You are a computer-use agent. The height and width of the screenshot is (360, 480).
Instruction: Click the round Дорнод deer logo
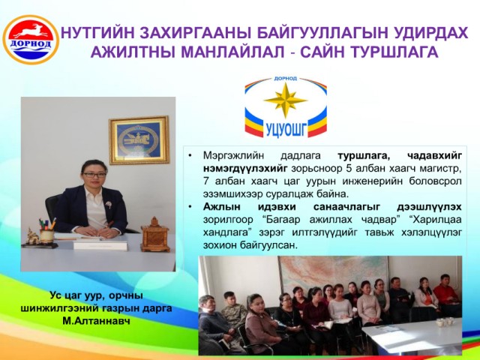(31, 40)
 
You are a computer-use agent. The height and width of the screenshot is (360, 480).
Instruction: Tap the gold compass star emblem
(285, 100)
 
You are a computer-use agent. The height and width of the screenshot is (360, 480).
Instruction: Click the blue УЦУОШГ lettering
(286, 129)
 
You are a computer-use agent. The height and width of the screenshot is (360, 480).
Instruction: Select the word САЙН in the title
(322, 52)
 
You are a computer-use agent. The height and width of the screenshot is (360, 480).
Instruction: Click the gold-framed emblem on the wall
(139, 140)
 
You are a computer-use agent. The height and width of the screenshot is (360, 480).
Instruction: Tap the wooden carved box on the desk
(155, 235)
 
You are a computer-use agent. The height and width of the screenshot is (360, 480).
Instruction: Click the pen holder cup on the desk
(46, 235)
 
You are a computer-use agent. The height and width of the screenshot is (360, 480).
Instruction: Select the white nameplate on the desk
(100, 245)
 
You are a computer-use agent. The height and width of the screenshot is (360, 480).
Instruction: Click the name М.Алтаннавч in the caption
(96, 321)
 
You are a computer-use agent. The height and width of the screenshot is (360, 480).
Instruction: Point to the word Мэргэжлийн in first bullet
(233, 155)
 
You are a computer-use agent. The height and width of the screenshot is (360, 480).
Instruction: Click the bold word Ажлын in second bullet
(222, 207)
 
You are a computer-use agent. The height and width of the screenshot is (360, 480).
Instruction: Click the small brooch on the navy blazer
(108, 205)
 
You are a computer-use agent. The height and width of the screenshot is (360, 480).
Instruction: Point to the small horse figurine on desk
(32, 236)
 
